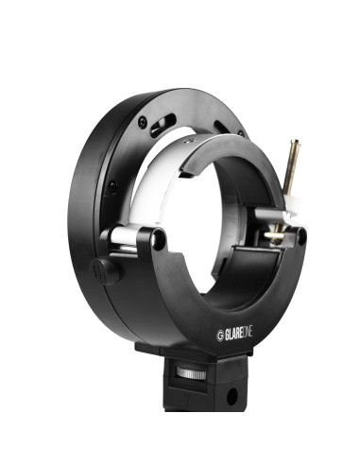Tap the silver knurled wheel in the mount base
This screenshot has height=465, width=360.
(194, 374)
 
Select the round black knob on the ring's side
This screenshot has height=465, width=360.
(105, 269)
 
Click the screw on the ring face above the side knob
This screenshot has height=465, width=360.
(111, 187)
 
